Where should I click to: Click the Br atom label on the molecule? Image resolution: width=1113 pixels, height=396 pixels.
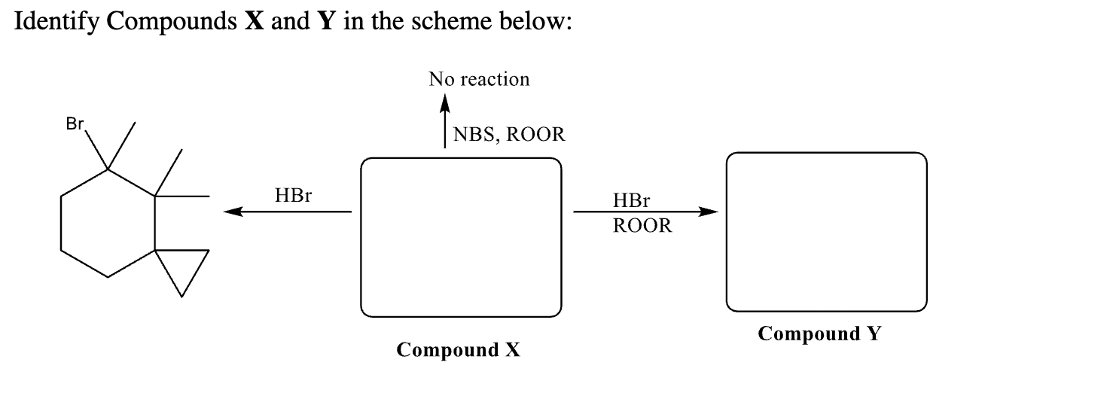coord(75,125)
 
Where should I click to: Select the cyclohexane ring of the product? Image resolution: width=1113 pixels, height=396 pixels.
coord(108,224)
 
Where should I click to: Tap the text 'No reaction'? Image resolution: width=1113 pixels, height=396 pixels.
coord(479,80)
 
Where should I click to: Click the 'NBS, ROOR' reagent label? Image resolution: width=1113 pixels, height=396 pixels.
coord(508,135)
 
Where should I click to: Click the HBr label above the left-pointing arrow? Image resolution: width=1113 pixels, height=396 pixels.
coord(293,196)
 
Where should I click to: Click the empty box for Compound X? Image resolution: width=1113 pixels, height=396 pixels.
coord(461,237)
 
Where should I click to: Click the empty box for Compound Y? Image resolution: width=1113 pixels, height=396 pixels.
coord(826,231)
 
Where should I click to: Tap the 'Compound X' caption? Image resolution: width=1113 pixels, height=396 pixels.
coord(458,350)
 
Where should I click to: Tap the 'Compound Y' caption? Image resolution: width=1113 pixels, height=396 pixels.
coord(819,334)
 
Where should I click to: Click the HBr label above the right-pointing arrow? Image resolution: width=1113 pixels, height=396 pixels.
coord(631,200)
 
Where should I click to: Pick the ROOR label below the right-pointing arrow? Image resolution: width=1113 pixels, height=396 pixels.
coord(642,226)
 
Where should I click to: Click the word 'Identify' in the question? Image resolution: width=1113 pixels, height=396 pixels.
coord(57,22)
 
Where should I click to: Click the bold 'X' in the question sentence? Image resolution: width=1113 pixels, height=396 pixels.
coord(249,22)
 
